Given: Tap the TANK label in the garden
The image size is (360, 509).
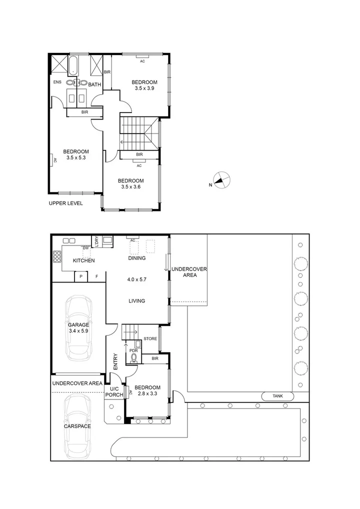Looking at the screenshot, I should click(277, 396).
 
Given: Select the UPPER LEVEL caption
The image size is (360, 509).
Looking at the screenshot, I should click(65, 203).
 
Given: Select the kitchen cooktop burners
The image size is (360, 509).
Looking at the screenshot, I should click(56, 256).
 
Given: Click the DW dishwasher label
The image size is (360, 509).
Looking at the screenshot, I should click(85, 248).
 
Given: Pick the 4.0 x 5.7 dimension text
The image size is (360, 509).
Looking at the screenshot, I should click(137, 279).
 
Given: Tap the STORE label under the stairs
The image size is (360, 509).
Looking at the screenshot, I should click(150, 338).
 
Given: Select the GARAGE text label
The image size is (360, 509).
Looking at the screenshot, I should click(78, 324).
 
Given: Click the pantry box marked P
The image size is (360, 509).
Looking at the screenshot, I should click(80, 276).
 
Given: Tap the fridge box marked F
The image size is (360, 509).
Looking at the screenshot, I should click(97, 276).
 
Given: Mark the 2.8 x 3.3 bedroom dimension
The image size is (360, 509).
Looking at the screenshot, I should click(147, 394).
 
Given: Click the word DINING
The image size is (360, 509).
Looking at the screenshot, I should click(136, 258).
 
